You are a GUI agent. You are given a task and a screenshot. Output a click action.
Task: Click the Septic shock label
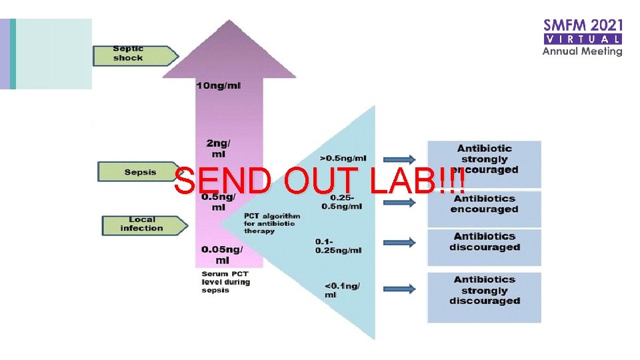pyautogui.click(x=133, y=54)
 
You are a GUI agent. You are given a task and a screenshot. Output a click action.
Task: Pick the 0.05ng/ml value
pyautogui.click(x=221, y=255)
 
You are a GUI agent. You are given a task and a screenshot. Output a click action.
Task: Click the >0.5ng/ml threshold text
pyautogui.click(x=343, y=158)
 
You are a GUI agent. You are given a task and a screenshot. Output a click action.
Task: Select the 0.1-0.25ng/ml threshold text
pyautogui.click(x=338, y=245)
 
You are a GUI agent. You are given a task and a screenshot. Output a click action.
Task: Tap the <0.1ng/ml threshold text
pyautogui.click(x=342, y=290)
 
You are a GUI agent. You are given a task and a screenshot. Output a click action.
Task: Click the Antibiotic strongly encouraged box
pyautogui.click(x=484, y=159)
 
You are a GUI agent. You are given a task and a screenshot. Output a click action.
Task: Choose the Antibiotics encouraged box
pyautogui.click(x=484, y=204)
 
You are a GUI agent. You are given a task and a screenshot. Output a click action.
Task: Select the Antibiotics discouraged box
pyautogui.click(x=484, y=242)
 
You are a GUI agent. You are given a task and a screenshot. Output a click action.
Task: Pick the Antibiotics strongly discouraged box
pyautogui.click(x=484, y=291)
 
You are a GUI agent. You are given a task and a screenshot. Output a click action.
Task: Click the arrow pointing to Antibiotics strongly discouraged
pyautogui.click(x=399, y=290)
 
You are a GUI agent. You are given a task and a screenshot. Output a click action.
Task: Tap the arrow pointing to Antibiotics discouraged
pyautogui.click(x=399, y=244)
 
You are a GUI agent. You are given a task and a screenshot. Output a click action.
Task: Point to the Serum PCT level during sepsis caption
pyautogui.click(x=225, y=282)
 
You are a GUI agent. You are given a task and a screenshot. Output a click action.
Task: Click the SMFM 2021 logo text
pyautogui.click(x=583, y=26)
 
